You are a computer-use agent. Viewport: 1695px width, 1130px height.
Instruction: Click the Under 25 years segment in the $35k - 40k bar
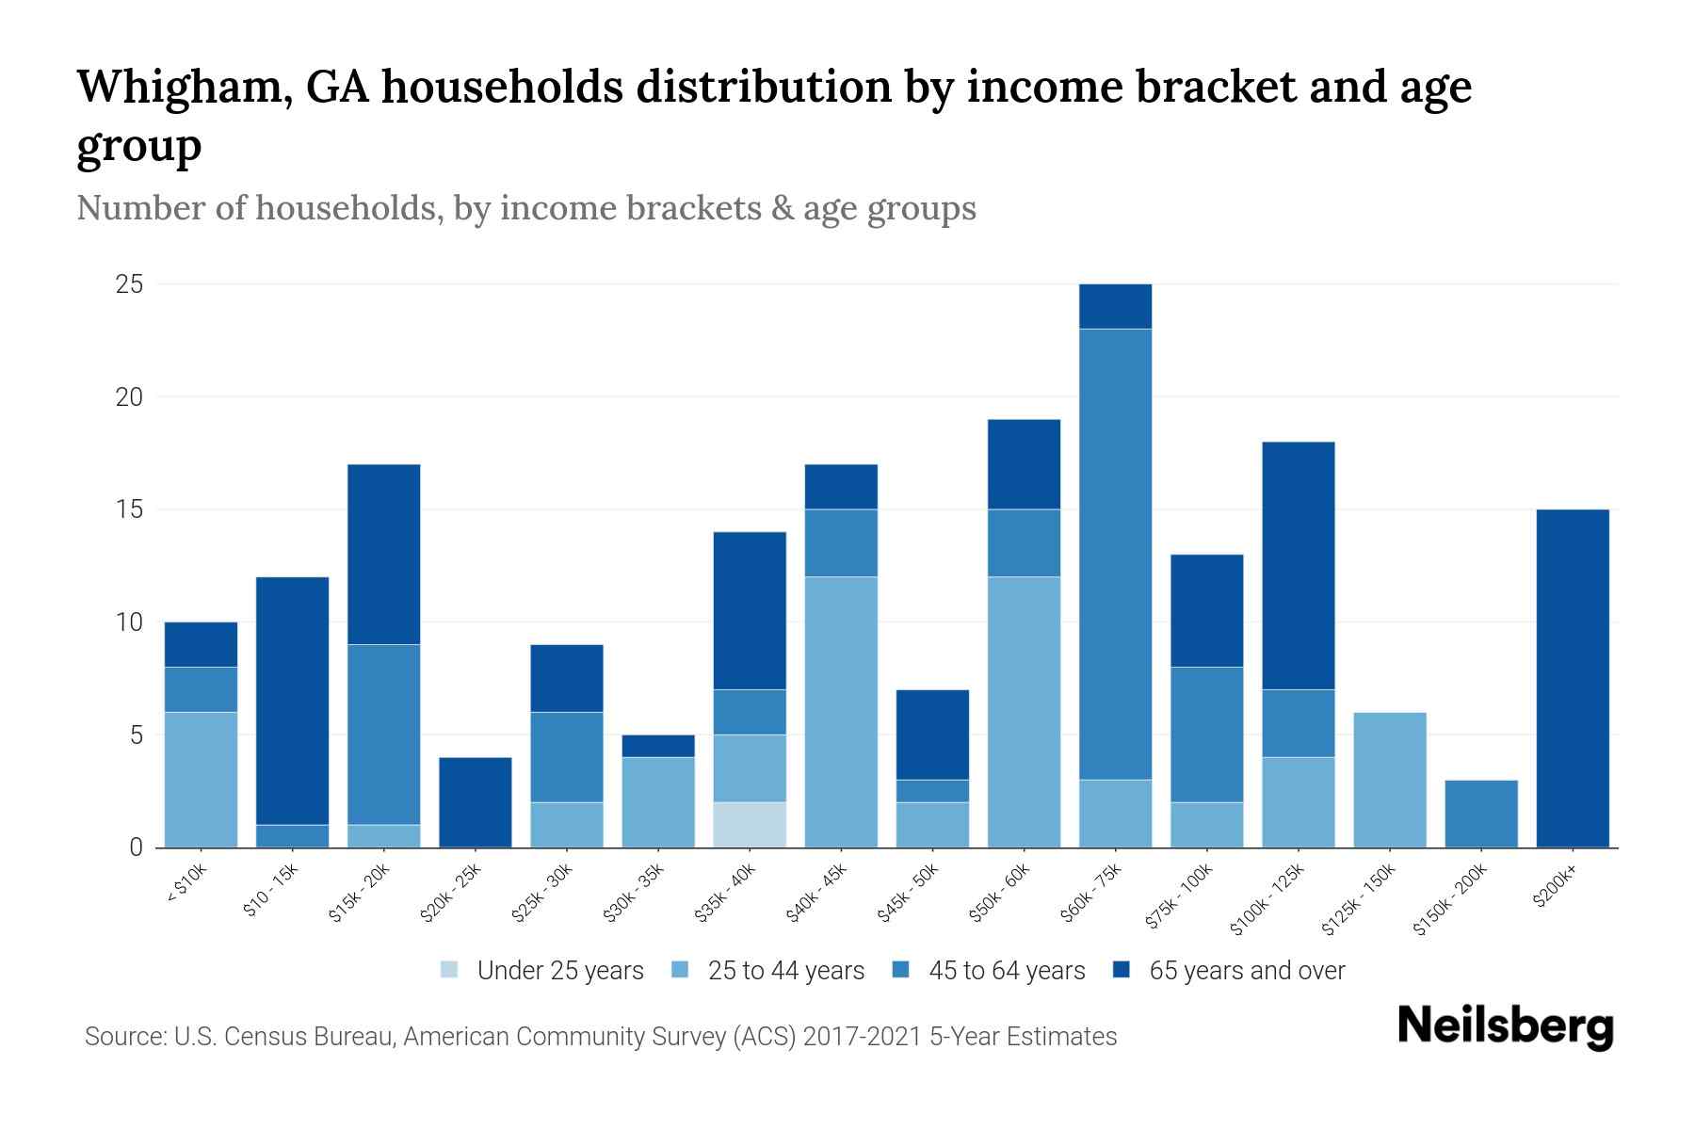point(750,825)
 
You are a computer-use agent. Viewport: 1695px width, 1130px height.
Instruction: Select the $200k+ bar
point(1573,678)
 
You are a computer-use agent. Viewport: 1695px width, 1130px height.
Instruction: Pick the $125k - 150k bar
point(1390,780)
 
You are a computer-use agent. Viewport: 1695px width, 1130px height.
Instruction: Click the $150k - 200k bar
point(1481,814)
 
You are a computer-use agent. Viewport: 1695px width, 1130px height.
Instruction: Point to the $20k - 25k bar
point(476,802)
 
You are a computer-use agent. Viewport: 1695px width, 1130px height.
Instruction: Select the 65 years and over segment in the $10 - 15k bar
point(293,701)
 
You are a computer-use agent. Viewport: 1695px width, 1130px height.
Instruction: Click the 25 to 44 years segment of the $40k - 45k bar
point(841,712)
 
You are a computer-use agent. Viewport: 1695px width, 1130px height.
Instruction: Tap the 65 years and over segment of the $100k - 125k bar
point(1299,565)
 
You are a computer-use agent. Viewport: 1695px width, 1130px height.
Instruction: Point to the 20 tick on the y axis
point(130,397)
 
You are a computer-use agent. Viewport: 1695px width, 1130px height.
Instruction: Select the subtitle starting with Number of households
point(525,208)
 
